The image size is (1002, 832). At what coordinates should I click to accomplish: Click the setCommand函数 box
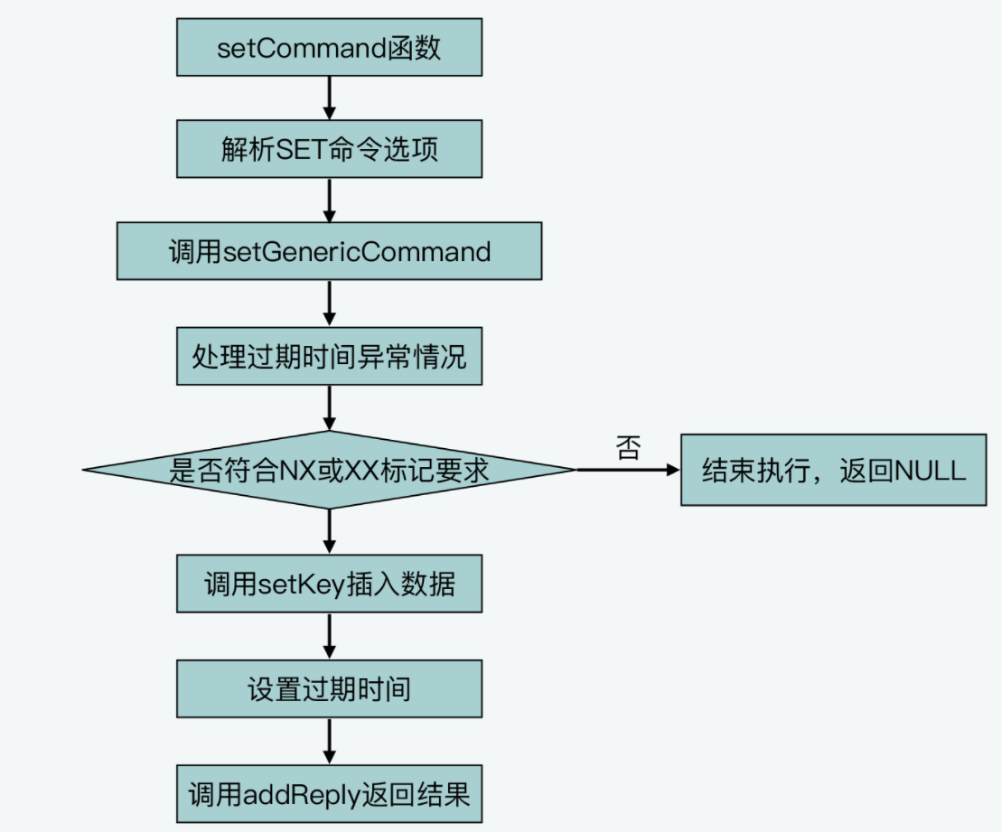[329, 47]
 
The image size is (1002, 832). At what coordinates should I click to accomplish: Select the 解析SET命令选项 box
[329, 149]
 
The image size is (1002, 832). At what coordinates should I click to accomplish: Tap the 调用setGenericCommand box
[329, 251]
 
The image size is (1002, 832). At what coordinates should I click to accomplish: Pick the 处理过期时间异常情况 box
[329, 356]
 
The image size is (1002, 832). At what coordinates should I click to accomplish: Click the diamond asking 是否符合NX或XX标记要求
[329, 470]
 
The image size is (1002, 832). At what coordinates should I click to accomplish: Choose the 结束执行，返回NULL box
[833, 470]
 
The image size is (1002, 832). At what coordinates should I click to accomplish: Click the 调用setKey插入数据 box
[329, 584]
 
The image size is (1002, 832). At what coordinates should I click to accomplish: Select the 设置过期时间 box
[329, 689]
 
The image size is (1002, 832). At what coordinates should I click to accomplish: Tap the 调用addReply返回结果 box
[329, 794]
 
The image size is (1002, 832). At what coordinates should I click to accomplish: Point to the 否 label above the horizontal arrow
[628, 448]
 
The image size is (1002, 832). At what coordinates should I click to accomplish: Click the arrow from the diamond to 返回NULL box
[628, 470]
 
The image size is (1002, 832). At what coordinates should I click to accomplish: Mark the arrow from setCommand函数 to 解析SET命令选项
[329, 98]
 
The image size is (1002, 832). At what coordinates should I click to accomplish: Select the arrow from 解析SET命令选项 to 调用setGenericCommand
[329, 200]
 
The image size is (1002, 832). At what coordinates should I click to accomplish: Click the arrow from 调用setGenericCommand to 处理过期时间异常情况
[329, 304]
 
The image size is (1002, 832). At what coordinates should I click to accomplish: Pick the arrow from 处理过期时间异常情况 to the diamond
[329, 407]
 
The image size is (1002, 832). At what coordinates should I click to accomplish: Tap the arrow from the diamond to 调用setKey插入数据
[329, 532]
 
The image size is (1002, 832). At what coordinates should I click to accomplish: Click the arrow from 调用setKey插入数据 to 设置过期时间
[329, 636]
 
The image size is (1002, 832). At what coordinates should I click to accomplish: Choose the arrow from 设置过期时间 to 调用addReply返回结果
[329, 742]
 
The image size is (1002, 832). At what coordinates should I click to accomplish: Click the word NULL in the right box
[930, 471]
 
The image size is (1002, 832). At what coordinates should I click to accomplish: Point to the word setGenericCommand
[357, 252]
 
